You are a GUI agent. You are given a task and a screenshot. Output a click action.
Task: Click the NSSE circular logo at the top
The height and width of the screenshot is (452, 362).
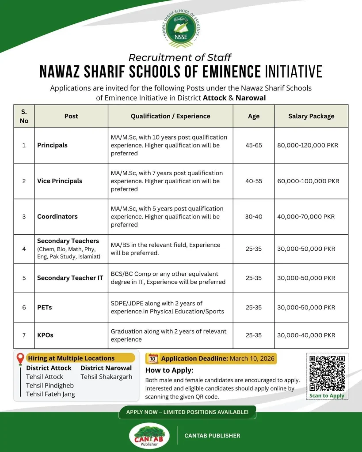181,27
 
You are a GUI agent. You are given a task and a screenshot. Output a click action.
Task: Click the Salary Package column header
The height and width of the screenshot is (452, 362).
311,116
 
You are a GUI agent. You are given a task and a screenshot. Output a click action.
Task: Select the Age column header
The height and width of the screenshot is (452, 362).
254,116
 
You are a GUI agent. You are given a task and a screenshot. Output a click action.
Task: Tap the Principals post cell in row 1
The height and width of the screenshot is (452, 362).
53,145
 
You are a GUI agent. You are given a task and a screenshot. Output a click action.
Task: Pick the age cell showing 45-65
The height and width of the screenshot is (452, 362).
254,145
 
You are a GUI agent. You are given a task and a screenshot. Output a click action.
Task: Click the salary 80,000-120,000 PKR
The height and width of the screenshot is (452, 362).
308,145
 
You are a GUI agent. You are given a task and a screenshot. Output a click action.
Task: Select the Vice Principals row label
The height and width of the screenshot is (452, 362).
60,181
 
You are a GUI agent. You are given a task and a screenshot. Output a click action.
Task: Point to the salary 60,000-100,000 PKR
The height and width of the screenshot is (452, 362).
308,181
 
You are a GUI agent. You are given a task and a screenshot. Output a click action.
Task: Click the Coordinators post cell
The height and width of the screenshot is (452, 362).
57,217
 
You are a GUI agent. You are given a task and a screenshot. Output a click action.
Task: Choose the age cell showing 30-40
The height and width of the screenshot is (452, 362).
254,217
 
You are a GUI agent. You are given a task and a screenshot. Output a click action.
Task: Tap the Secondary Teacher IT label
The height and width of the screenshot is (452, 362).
70,278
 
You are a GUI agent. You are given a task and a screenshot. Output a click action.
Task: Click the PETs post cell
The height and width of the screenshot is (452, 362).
45,307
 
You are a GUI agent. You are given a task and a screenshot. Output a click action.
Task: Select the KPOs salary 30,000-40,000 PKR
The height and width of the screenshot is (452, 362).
306,335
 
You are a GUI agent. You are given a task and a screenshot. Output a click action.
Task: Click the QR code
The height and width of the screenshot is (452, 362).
327,373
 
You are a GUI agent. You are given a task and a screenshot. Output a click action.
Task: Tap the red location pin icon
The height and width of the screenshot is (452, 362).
20,359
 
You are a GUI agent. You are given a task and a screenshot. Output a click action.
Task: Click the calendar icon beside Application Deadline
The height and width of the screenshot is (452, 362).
152,358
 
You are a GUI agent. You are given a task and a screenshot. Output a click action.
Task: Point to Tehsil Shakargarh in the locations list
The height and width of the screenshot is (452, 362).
106,377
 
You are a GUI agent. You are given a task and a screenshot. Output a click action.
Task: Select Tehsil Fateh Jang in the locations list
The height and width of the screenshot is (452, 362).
50,394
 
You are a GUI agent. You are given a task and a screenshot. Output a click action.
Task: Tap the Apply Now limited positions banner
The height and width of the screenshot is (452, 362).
187,412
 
